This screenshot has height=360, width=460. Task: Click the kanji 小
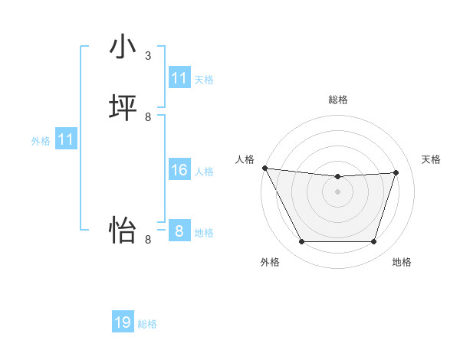(123, 47)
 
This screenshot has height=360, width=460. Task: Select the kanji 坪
(123, 108)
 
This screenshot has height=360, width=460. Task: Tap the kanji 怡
(123, 229)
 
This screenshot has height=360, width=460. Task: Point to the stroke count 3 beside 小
(148, 56)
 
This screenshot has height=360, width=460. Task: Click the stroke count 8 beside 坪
(148, 117)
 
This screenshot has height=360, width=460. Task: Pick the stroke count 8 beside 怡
(148, 239)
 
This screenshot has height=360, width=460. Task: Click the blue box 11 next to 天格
(179, 78)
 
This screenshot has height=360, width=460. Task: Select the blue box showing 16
(179, 170)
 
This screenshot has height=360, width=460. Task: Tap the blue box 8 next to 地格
(179, 231)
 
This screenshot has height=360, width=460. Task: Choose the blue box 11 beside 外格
(66, 139)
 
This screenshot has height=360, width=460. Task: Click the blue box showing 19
(123, 322)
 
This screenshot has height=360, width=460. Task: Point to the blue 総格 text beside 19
(147, 324)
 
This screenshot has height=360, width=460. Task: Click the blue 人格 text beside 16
(204, 172)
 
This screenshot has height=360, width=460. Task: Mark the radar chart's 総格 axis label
(338, 100)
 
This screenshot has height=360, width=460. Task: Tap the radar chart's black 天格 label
(431, 159)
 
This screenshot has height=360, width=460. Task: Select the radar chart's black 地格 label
(402, 263)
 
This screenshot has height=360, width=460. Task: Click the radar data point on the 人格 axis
(264, 168)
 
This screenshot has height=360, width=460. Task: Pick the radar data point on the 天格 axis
(396, 172)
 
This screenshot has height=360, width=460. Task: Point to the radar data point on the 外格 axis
(301, 242)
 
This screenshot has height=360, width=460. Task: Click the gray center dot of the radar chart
(338, 191)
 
